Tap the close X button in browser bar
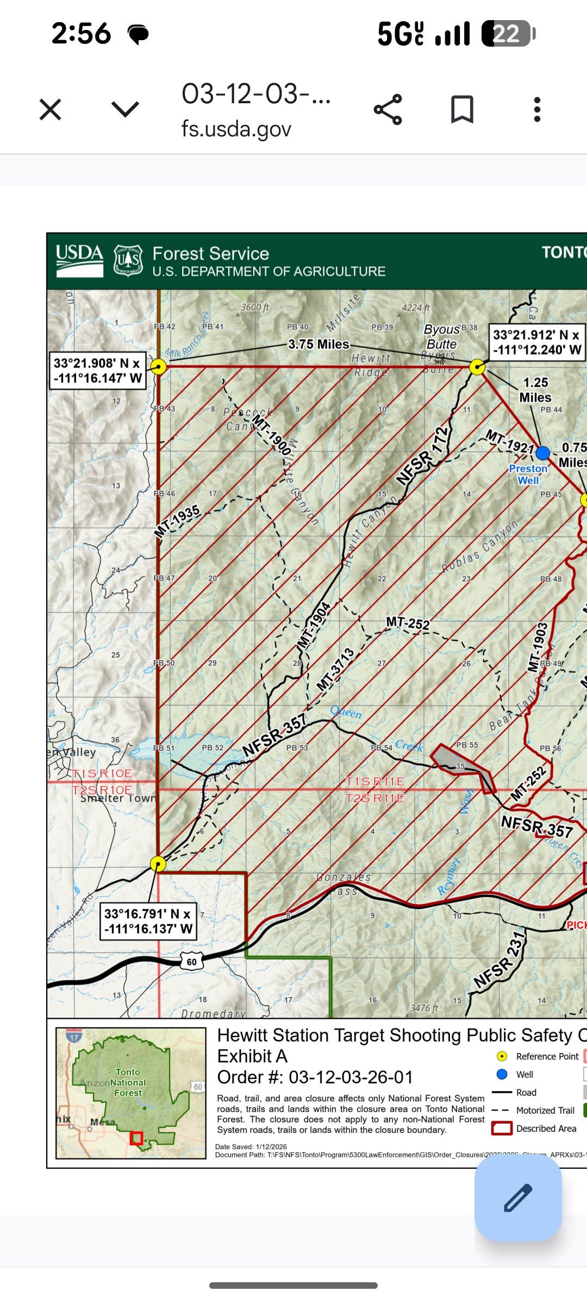[50, 109]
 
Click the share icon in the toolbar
[388, 109]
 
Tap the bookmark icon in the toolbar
[462, 109]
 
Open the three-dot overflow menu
[537, 109]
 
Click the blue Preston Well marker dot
[542, 453]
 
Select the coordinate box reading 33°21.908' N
[97, 371]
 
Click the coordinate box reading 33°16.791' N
[148, 921]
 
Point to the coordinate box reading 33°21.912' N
[536, 342]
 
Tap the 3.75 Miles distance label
[319, 344]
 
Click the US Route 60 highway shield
[191, 962]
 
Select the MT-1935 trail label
[177, 522]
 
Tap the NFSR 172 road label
[423, 456]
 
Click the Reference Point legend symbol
[502, 1056]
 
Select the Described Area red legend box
[502, 1129]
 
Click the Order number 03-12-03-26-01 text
[315, 1077]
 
